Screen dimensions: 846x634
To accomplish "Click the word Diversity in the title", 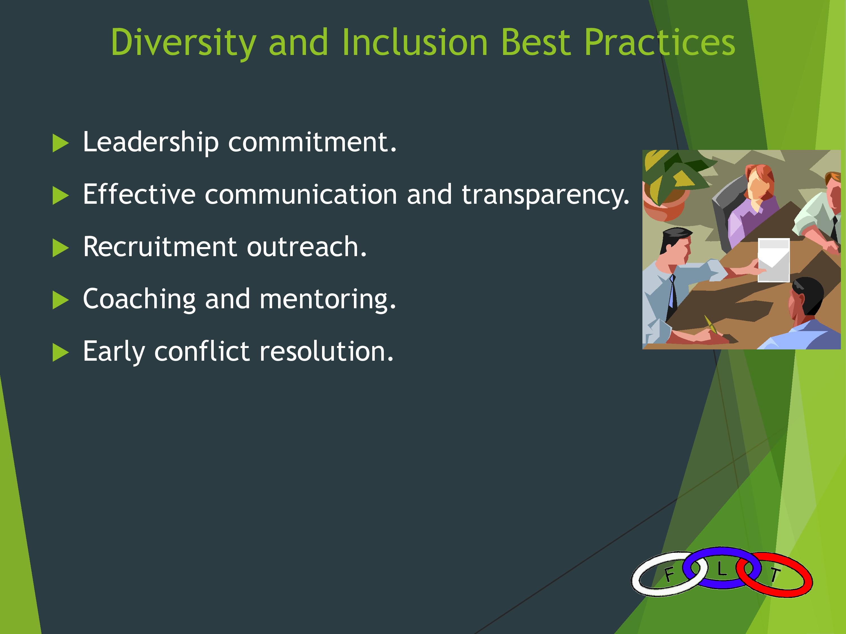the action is pyautogui.click(x=183, y=43).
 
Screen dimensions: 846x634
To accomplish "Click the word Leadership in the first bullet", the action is pyautogui.click(x=151, y=142).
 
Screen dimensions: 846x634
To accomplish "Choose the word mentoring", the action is pyautogui.click(x=327, y=300).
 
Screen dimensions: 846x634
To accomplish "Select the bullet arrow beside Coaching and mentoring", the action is pyautogui.click(x=60, y=300).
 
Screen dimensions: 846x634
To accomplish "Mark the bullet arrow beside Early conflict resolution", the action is pyautogui.click(x=60, y=352).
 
